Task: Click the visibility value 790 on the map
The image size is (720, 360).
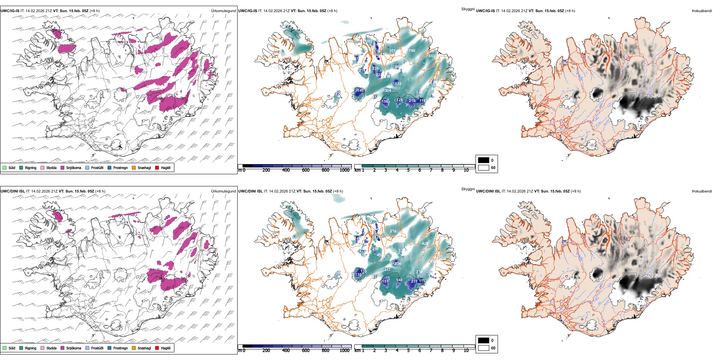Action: pos(412,51)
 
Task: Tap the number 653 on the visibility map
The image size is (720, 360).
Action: pos(432,56)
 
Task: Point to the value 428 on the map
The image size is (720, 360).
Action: pos(425,244)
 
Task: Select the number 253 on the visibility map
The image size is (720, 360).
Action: pos(393,231)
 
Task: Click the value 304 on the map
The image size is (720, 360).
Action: pos(388,91)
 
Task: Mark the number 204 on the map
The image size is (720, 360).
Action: pos(397,264)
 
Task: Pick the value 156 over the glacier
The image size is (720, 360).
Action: pos(385,102)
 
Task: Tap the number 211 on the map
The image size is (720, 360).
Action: pos(414,282)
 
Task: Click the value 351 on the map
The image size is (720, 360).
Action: pos(392,51)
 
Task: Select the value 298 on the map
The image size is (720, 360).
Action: pos(375,249)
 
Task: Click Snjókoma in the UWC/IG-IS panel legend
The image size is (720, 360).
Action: pos(74,168)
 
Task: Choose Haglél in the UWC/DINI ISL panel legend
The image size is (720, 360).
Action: pos(166,348)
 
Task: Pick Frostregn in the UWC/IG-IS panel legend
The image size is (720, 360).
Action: pos(121,168)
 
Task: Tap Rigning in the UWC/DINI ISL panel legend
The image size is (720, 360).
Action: pos(31,348)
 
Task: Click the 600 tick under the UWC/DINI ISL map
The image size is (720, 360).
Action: pos(306,351)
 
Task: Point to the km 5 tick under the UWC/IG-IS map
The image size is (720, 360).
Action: pos(408,170)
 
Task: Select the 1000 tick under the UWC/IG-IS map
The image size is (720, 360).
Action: pos(344,170)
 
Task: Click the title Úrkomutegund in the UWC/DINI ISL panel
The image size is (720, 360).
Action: pos(223,191)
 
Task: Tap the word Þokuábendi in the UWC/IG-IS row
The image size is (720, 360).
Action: pos(702,11)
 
